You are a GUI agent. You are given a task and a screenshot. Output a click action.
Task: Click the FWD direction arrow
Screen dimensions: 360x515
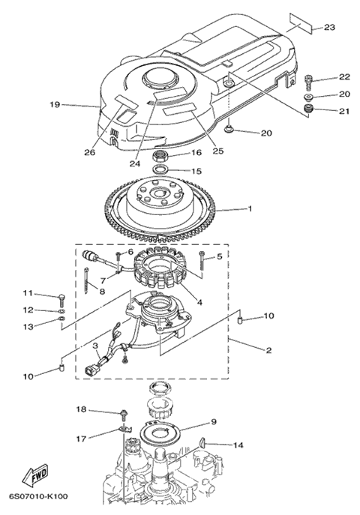(35, 475)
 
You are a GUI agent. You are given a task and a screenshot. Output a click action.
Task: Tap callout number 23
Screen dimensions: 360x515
(329, 27)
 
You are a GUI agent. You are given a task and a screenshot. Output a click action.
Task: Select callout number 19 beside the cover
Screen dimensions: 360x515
(55, 105)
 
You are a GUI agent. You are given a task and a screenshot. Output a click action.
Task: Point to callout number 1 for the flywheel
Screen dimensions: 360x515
(250, 208)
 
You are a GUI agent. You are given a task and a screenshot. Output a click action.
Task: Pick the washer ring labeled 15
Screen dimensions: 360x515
(161, 169)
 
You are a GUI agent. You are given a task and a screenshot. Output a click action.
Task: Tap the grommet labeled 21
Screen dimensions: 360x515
(307, 109)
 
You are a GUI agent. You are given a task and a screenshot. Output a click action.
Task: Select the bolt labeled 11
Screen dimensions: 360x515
(62, 299)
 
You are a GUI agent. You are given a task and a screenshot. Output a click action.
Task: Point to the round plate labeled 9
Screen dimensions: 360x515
(160, 433)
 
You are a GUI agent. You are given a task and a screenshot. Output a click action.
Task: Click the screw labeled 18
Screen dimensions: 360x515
(124, 415)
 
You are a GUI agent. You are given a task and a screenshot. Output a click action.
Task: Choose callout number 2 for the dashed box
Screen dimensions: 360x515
(268, 350)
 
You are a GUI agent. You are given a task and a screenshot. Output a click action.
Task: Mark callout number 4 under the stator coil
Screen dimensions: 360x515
(199, 302)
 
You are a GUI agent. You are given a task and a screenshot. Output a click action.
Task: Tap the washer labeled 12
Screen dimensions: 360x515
(61, 310)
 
